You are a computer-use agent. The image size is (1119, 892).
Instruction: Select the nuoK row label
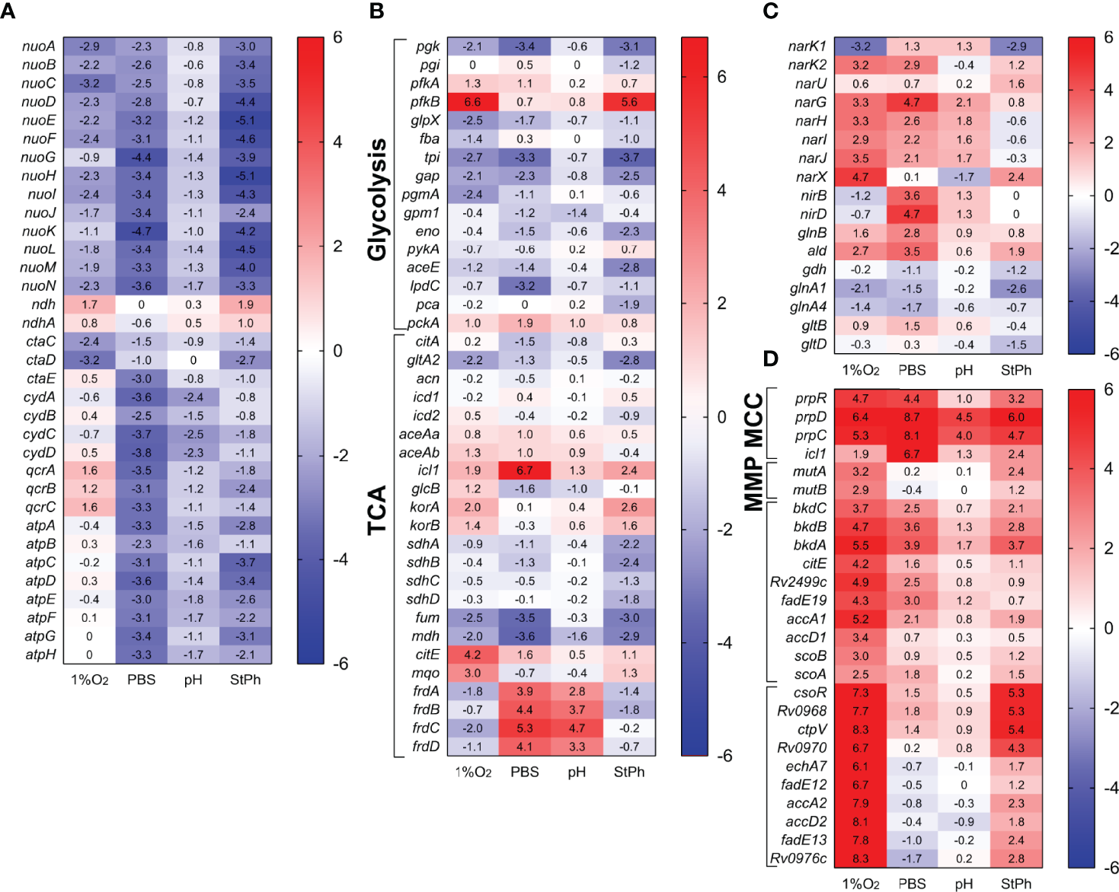39,231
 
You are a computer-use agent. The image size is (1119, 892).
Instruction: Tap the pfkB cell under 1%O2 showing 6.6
472,102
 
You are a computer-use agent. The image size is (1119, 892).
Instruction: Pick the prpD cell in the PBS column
912,417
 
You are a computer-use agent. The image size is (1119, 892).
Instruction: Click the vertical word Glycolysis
377,199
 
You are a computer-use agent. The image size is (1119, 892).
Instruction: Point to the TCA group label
377,510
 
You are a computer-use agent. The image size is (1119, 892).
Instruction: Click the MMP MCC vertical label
753,452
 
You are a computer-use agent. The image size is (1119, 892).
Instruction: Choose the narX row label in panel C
811,177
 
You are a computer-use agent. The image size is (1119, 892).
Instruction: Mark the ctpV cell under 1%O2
860,729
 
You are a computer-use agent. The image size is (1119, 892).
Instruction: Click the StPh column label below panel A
245,680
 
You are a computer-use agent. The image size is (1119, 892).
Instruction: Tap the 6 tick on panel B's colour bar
721,76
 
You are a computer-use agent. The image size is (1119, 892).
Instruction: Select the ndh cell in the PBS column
142,304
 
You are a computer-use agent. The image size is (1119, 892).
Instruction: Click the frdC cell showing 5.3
524,728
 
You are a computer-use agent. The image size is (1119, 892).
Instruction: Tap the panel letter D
771,358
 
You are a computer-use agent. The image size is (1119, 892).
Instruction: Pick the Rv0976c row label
798,859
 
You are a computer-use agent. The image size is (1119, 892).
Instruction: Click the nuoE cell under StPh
245,120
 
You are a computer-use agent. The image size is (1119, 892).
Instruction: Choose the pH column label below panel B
577,772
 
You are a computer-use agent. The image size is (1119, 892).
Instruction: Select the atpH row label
41,655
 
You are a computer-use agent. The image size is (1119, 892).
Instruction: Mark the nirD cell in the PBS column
912,214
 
